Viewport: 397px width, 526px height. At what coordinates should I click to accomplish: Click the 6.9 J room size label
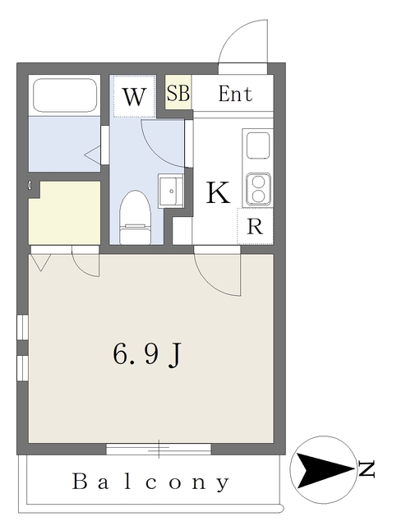click(146, 354)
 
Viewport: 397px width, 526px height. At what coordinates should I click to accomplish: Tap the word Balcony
click(151, 482)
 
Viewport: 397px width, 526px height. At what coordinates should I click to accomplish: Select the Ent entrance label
click(234, 94)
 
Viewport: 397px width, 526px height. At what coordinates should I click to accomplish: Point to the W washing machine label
click(135, 98)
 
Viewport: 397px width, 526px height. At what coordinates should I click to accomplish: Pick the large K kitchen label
click(217, 194)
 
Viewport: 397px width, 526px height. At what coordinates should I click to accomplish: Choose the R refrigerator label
click(255, 227)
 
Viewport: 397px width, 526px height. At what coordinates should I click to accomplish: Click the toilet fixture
click(135, 217)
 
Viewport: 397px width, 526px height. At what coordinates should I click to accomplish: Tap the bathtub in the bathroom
click(64, 96)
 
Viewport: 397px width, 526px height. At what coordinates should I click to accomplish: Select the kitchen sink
click(258, 146)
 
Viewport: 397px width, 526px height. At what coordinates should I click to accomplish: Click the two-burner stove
click(258, 189)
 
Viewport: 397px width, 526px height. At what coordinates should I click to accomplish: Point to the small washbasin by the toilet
click(171, 191)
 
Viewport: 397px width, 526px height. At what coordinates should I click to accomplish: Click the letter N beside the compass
click(367, 471)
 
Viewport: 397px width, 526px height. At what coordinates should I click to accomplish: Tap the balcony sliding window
click(159, 449)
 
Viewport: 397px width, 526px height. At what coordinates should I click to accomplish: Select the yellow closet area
click(65, 212)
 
